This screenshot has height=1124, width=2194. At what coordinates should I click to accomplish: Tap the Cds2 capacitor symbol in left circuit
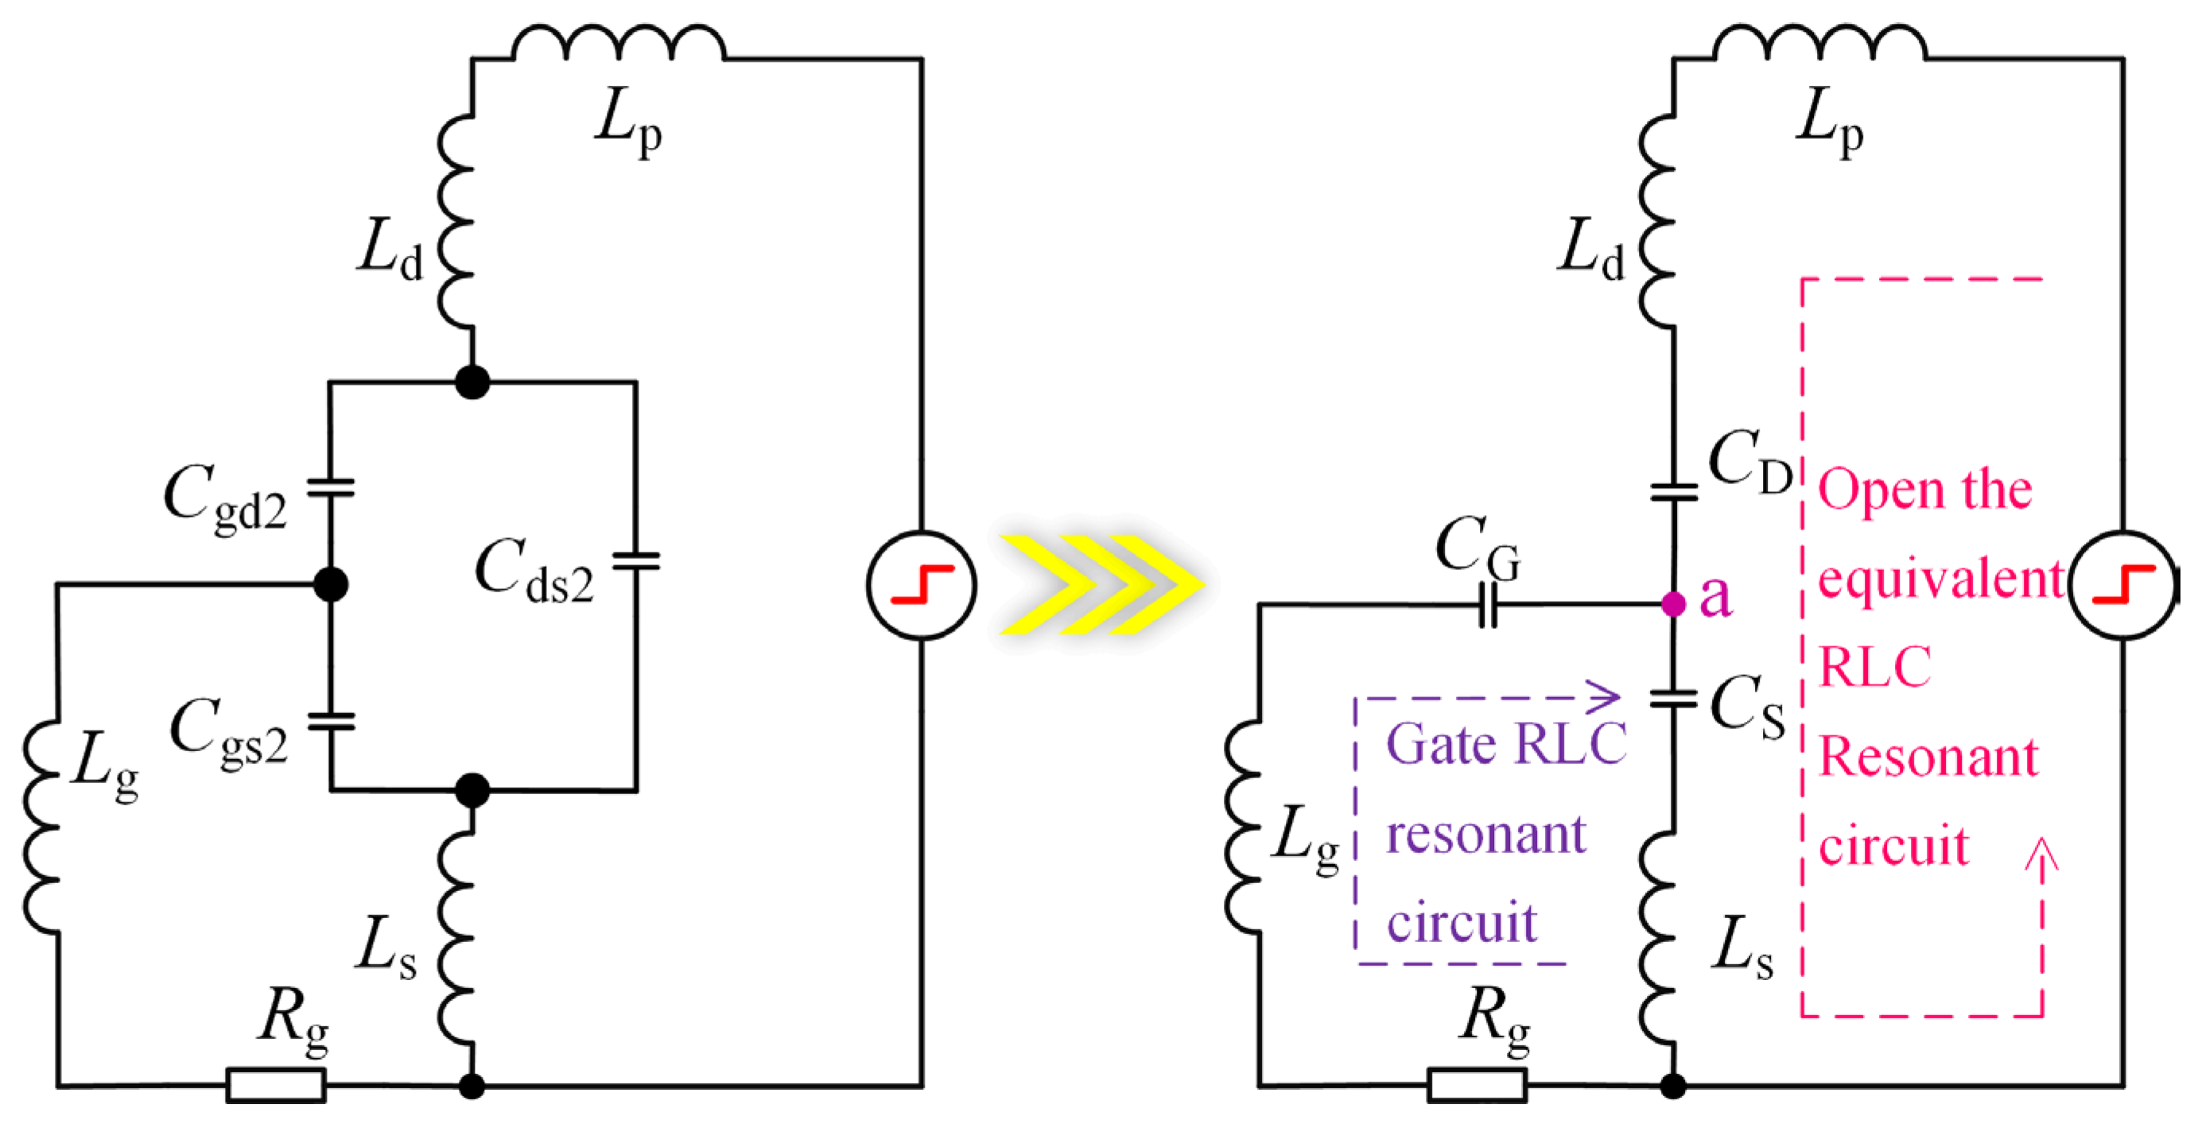click(x=636, y=561)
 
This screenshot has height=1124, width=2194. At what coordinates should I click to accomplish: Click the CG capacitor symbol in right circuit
click(x=1488, y=605)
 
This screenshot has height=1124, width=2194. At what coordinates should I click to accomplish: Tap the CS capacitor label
click(x=1747, y=707)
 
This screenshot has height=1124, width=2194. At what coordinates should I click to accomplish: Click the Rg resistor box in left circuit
click(x=276, y=1086)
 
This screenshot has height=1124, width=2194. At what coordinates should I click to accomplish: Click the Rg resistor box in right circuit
click(x=1477, y=1086)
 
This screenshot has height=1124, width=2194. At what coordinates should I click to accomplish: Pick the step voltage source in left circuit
click(x=922, y=585)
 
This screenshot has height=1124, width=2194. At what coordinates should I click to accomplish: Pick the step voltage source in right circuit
click(x=2122, y=585)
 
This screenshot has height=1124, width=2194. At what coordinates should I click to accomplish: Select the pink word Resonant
click(x=1928, y=756)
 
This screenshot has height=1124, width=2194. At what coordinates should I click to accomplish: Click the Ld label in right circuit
click(x=1590, y=249)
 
